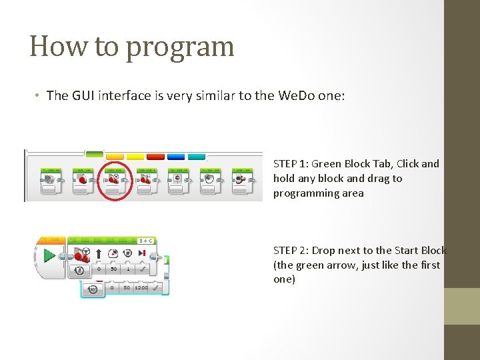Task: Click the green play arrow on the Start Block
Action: point(49,255)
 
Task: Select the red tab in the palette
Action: point(155,157)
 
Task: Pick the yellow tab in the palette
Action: point(135,157)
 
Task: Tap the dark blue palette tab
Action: point(176,157)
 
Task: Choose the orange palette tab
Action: point(115,157)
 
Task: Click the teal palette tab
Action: point(196,157)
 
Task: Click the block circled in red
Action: point(113,181)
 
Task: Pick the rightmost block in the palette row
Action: point(241,181)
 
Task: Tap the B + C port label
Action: point(146,240)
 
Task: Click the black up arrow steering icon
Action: point(98,254)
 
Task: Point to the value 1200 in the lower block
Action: point(141,288)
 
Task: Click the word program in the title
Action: point(180,47)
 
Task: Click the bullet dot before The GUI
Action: point(37,95)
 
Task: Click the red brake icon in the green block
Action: point(142,253)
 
